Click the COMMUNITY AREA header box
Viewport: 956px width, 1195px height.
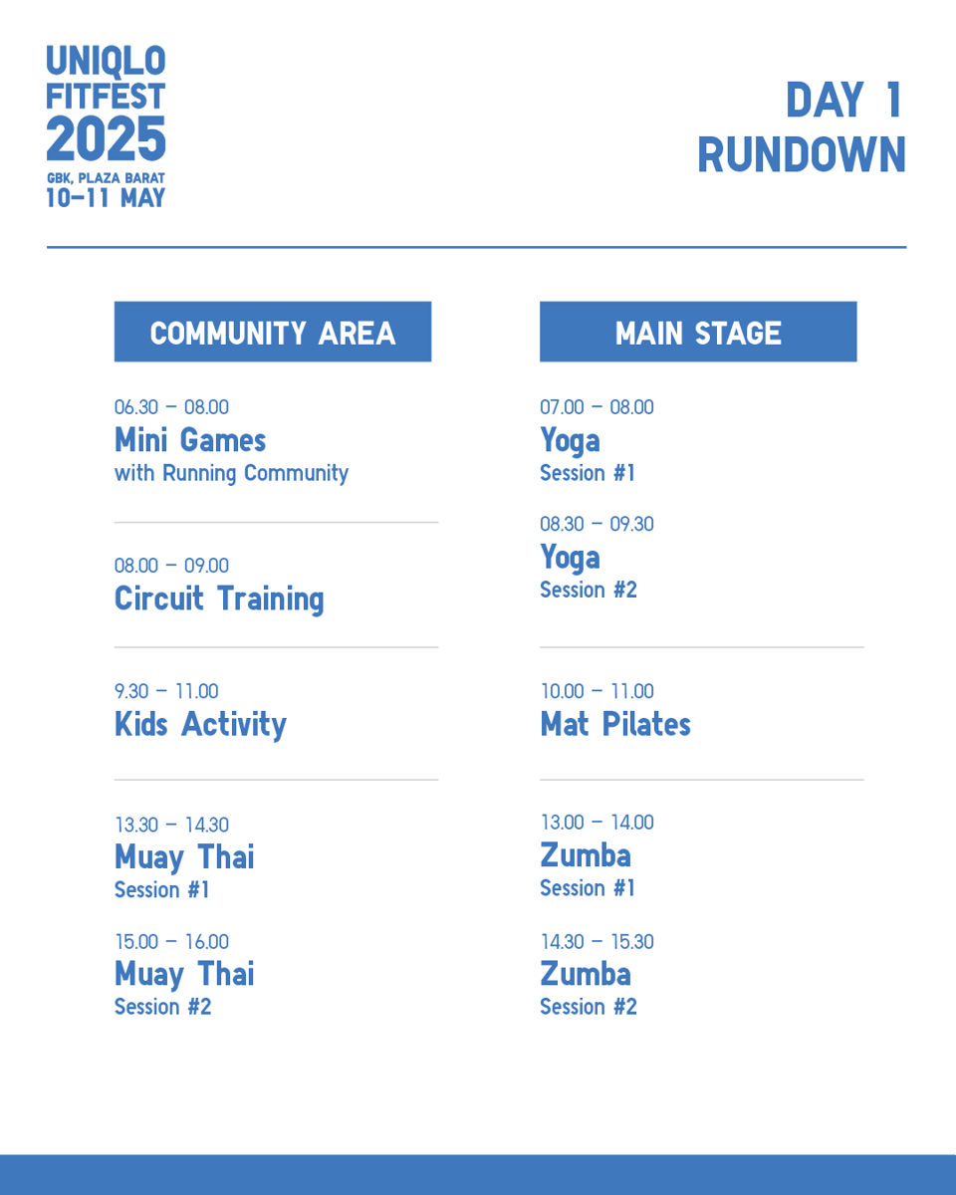pyautogui.click(x=272, y=332)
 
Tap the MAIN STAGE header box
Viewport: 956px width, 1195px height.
pyautogui.click(x=697, y=332)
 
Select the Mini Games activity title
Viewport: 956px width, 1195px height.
pyautogui.click(x=190, y=440)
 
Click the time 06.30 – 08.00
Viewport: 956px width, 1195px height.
pyautogui.click(x=171, y=407)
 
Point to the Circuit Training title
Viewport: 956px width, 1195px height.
pyautogui.click(x=219, y=598)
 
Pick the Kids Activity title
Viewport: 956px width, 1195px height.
pyautogui.click(x=200, y=724)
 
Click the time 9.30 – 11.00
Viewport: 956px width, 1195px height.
pyautogui.click(x=166, y=691)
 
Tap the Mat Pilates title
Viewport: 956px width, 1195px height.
pyautogui.click(x=615, y=724)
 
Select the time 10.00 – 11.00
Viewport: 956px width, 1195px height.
pyautogui.click(x=597, y=691)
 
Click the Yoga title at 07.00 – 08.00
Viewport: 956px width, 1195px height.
pyautogui.click(x=570, y=440)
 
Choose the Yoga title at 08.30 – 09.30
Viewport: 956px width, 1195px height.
pyautogui.click(x=570, y=557)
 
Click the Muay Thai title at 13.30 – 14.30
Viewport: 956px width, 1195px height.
pyautogui.click(x=184, y=856)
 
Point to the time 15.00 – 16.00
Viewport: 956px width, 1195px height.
pyautogui.click(x=171, y=942)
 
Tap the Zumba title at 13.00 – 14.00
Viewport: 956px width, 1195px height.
pyautogui.click(x=586, y=855)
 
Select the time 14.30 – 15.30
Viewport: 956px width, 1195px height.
pyautogui.click(x=597, y=942)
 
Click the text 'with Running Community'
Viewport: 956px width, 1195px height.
pyautogui.click(x=231, y=473)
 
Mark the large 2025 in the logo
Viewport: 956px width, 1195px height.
pyautogui.click(x=106, y=139)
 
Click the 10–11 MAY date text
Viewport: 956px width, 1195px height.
pyautogui.click(x=106, y=198)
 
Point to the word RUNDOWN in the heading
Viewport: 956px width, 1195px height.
pyautogui.click(x=802, y=155)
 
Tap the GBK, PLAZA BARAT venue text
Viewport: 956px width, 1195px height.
pyautogui.click(x=106, y=178)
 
